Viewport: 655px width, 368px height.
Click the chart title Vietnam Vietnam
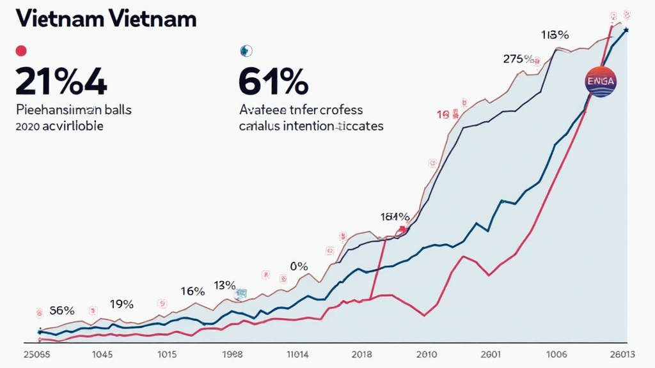pos(105,19)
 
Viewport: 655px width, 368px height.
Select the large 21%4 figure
pos(61,81)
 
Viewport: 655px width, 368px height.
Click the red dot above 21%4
pos(20,50)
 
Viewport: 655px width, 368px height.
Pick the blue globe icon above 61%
pos(245,50)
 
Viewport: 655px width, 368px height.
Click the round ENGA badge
pos(601,82)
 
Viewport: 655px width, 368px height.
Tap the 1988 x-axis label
pos(232,354)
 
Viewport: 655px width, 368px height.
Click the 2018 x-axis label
pos(362,354)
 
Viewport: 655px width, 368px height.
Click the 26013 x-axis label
pos(623,354)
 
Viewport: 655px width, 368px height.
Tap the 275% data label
pos(518,59)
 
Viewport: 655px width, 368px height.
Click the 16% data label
pos(192,291)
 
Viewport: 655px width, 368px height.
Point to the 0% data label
pos(298,266)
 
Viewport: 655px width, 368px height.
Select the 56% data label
pos(61,311)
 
